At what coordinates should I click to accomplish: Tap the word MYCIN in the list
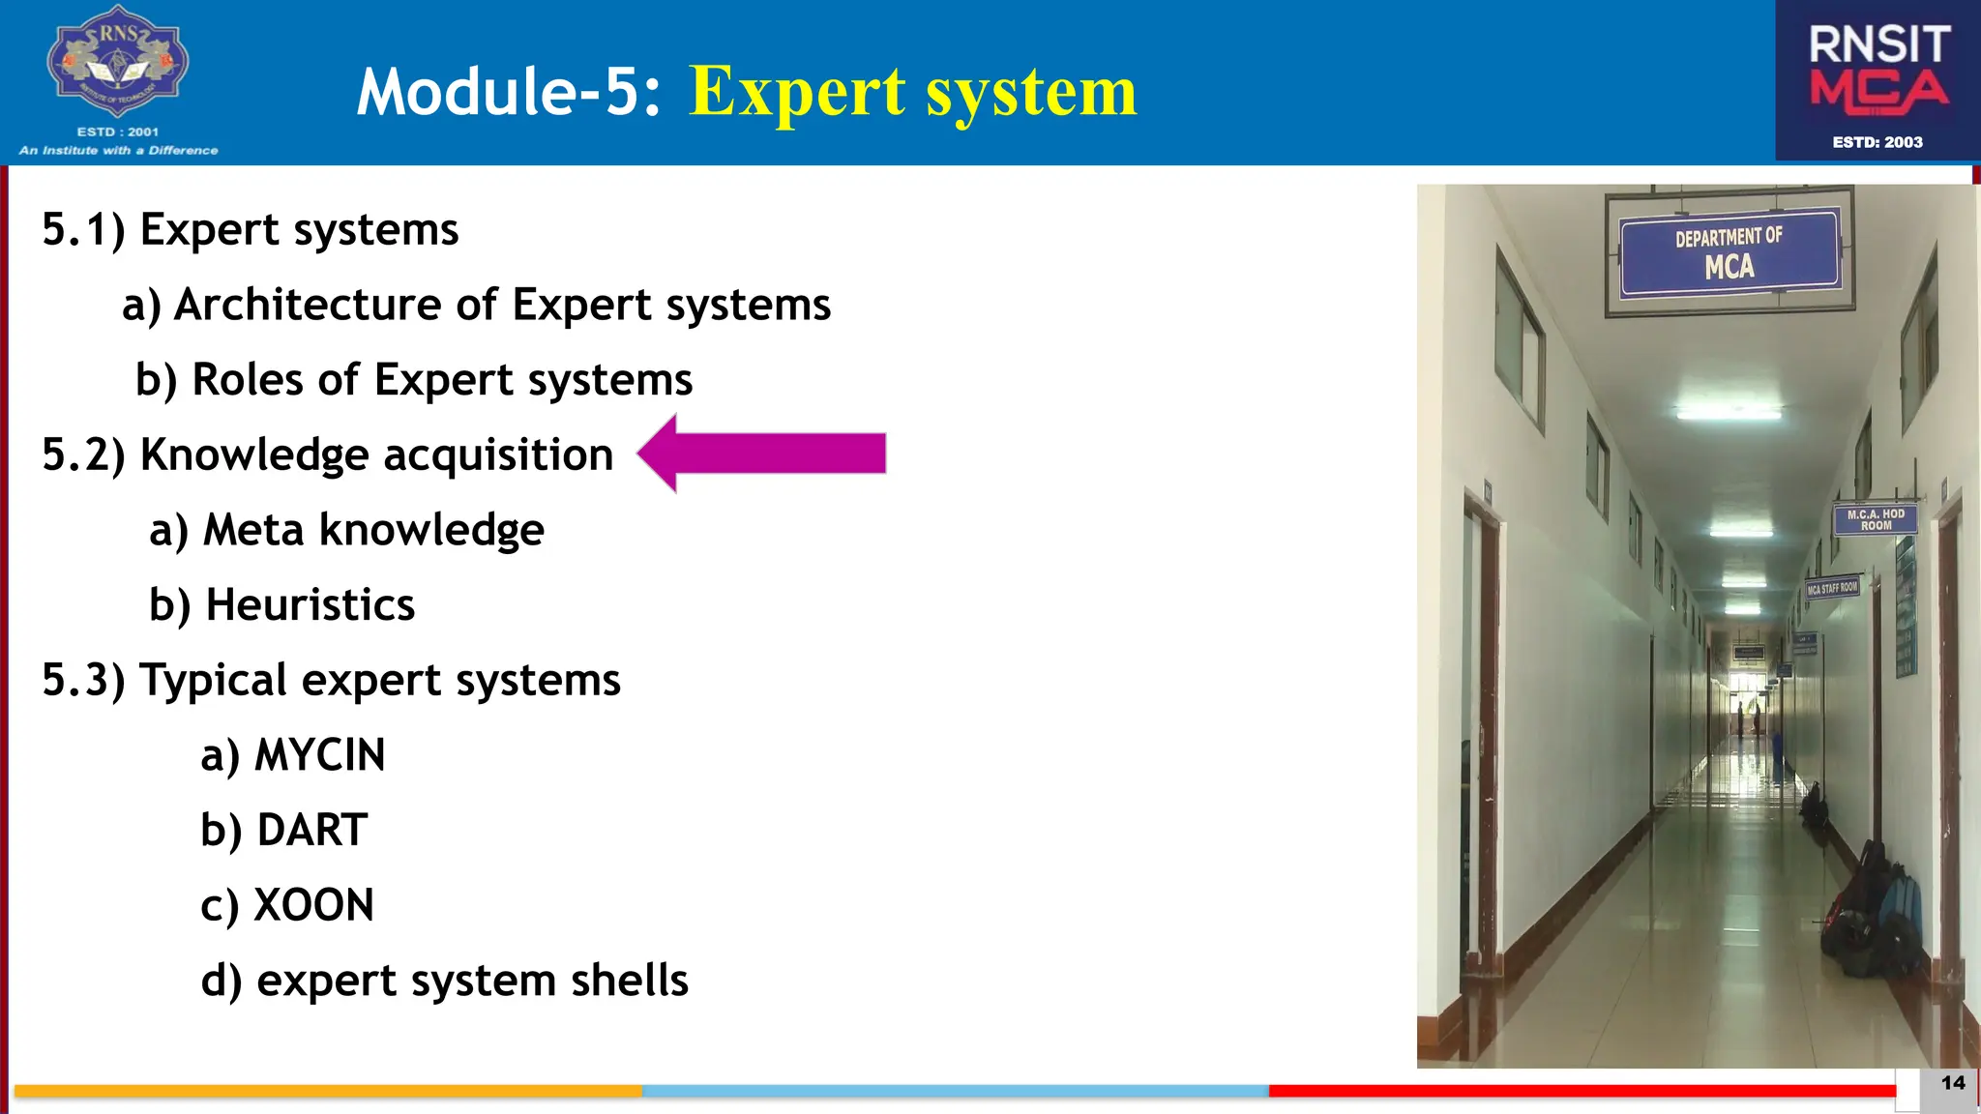point(319,755)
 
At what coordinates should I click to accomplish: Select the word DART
point(311,831)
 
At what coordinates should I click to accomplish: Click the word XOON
point(313,906)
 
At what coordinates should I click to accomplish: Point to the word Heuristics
point(310,605)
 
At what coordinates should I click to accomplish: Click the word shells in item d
point(629,981)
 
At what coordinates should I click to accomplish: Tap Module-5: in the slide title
point(509,92)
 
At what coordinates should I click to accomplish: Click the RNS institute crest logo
point(117,62)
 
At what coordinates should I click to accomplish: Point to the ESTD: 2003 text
point(1878,142)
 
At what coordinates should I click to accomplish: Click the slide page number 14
point(1953,1083)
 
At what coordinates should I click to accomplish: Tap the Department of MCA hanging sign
point(1730,252)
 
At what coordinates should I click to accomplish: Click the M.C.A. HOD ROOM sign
point(1875,520)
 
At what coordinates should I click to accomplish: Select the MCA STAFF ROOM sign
point(1832,588)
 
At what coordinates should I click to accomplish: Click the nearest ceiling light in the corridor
point(1729,414)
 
